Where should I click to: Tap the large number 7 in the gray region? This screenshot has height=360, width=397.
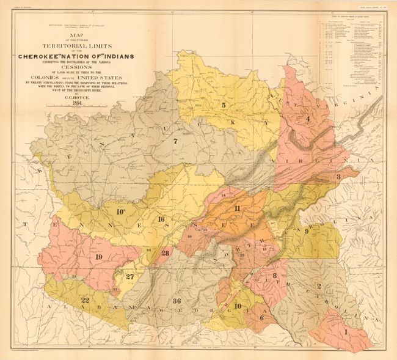click(x=175, y=142)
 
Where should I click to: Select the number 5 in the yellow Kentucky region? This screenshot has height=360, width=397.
click(x=224, y=105)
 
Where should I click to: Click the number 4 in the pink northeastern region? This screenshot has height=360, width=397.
click(x=308, y=119)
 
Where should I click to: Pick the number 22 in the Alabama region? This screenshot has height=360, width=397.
click(x=86, y=299)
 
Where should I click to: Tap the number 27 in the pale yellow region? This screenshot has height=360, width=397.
click(x=129, y=276)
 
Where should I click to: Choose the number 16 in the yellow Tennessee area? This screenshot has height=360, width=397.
click(x=161, y=219)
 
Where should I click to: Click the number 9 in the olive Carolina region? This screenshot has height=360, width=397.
click(x=307, y=231)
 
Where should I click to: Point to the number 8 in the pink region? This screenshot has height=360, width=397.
click(x=275, y=275)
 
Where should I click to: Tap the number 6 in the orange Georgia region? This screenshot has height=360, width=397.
click(x=261, y=317)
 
